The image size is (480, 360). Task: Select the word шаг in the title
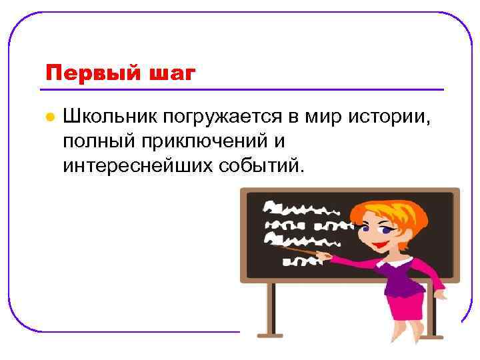[x=171, y=72]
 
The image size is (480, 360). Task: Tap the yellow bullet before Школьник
[x=49, y=117]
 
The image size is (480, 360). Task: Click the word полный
[x=97, y=141]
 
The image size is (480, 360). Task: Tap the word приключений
[x=204, y=141]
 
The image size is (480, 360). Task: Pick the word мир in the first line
[x=322, y=117]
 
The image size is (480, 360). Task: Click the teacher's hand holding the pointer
[x=325, y=255]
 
